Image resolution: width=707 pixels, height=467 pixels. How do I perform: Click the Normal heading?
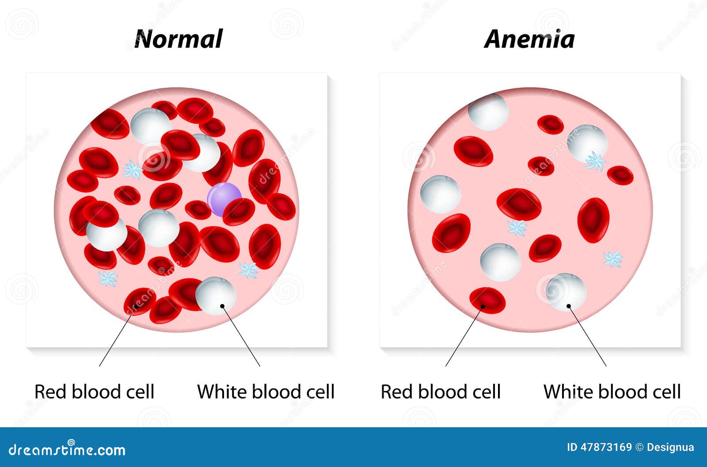(179, 39)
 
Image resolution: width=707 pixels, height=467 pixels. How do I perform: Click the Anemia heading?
(529, 39)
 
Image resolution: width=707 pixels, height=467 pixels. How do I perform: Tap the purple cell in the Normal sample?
(224, 199)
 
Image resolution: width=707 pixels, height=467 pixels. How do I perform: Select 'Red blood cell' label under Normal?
(94, 391)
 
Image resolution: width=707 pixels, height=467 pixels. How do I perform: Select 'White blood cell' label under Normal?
(266, 391)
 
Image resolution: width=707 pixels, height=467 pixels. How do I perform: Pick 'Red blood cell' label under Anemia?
(441, 391)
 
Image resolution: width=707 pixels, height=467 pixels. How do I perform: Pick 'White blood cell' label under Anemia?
(612, 391)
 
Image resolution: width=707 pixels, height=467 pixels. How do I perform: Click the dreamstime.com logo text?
(67, 450)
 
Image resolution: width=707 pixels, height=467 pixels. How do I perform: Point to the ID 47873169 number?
(599, 447)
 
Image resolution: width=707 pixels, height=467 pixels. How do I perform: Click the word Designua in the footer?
(670, 448)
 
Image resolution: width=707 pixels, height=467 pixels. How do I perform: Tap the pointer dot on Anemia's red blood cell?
(483, 306)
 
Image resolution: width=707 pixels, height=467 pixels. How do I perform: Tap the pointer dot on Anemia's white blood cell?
(569, 306)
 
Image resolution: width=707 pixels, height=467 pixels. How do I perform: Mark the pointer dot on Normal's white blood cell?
(223, 306)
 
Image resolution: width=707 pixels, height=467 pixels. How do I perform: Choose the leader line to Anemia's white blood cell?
(587, 336)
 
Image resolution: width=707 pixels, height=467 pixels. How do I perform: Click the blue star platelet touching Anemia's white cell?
(595, 161)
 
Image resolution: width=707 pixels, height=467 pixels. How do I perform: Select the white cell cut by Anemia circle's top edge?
(488, 112)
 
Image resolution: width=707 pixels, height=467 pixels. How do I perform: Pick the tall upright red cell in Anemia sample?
(593, 220)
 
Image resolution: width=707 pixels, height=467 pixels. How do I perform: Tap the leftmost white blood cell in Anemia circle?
(441, 194)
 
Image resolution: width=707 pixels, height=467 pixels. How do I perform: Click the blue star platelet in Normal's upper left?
(133, 170)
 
